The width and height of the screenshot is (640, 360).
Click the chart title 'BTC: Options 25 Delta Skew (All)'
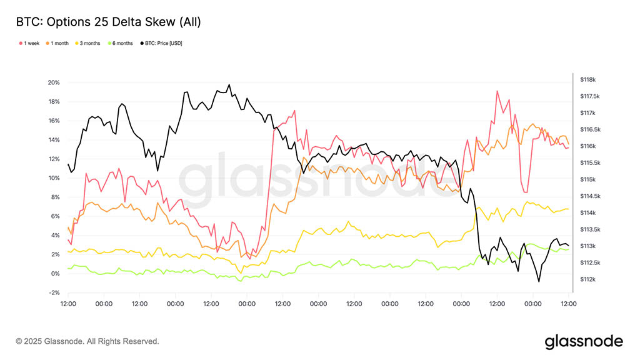click(108, 22)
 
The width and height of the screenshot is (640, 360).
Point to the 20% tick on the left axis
click(54, 82)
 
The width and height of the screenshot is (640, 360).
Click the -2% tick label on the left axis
click(54, 293)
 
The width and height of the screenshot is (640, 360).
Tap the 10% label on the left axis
click(54, 178)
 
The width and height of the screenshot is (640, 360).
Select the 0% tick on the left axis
click(55, 274)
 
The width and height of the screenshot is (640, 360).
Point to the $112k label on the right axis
click(588, 279)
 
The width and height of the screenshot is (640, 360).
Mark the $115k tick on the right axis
click(588, 179)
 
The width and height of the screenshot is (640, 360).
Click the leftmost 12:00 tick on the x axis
click(68, 304)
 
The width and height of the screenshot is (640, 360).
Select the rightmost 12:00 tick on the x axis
click(568, 304)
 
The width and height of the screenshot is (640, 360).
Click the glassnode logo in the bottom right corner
click(584, 341)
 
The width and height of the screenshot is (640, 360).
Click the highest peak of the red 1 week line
click(497, 91)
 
